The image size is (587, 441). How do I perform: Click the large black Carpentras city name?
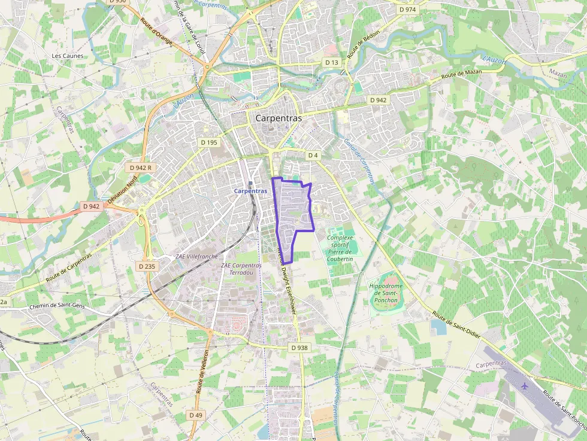tap(279, 118)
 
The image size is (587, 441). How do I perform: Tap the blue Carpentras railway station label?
tap(250, 191)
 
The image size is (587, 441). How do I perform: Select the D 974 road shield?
tap(407, 10)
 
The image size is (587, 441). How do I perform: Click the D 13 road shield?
tap(332, 62)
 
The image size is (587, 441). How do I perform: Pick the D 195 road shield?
tap(208, 142)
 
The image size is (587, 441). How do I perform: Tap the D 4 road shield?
tap(312, 156)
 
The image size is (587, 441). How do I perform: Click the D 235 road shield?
tap(146, 266)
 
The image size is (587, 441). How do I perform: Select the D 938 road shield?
tap(299, 348)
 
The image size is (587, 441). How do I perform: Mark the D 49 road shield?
tap(195, 415)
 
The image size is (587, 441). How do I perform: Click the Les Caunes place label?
tap(68, 56)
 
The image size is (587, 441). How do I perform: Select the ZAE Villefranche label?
tap(196, 256)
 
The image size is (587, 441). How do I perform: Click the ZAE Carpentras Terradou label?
tap(241, 269)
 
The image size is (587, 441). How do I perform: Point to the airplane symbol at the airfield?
tap(525, 385)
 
